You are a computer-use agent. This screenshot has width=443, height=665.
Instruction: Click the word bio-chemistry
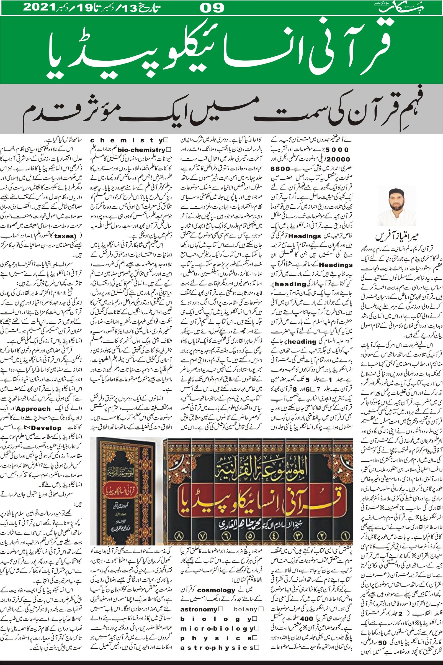(141, 150)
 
